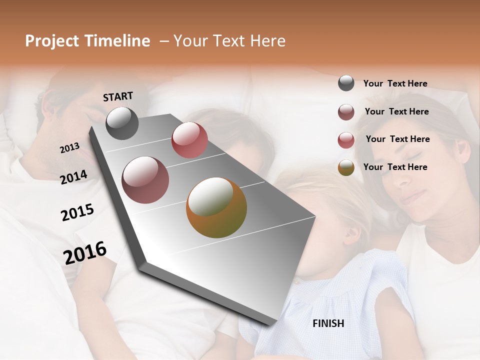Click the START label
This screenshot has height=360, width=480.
118,96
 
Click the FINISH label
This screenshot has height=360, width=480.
328,323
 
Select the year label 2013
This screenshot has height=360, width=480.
69,148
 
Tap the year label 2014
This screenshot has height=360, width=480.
73,177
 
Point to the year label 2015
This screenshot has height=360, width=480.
77,212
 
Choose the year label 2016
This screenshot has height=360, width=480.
84,253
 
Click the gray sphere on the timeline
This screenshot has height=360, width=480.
122,123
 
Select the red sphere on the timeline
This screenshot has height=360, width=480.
189,140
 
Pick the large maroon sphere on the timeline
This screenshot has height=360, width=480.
145,180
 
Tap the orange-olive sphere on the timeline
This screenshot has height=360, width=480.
216,207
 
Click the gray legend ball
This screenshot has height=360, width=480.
346,83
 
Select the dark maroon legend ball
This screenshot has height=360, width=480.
346,112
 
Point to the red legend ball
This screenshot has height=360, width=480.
346,140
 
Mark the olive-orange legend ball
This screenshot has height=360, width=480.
346,168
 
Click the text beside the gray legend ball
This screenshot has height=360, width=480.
395,83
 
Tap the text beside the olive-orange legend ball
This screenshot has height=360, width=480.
395,167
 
